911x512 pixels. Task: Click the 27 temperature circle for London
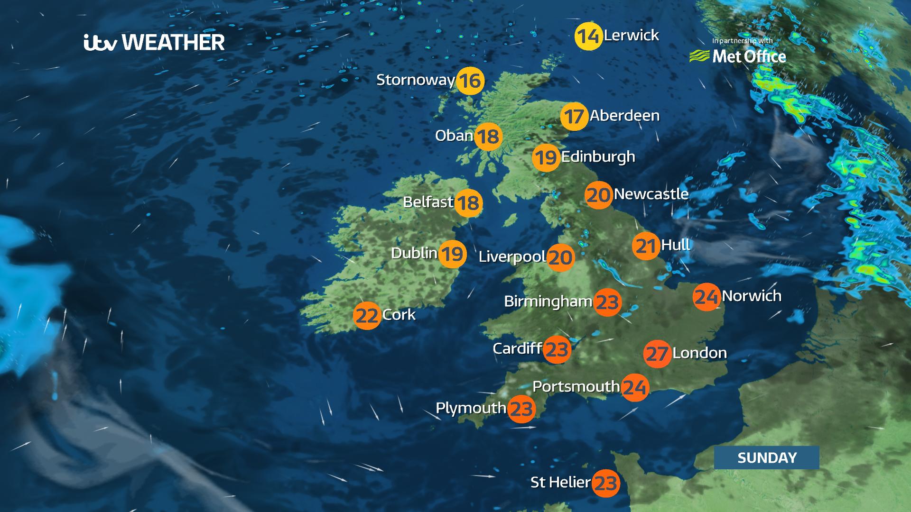pyautogui.click(x=657, y=354)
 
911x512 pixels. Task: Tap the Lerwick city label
pyautogui.click(x=631, y=35)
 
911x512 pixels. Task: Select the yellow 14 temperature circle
pyautogui.click(x=588, y=36)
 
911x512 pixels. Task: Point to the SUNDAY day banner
pyautogui.click(x=766, y=457)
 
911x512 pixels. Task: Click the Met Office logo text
pyautogui.click(x=748, y=56)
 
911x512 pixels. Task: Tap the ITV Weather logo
pyautogui.click(x=154, y=42)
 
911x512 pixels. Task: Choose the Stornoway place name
pyautogui.click(x=415, y=80)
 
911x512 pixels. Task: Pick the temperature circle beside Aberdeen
pyautogui.click(x=574, y=116)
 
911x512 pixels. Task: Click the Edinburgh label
pyautogui.click(x=598, y=156)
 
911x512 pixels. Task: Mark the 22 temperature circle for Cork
pyautogui.click(x=367, y=315)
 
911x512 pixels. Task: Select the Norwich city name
pyautogui.click(x=752, y=296)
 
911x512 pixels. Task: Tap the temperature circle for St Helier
pyautogui.click(x=606, y=483)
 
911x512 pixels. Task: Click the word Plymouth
pyautogui.click(x=471, y=408)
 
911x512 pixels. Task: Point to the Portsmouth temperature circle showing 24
pyautogui.click(x=635, y=387)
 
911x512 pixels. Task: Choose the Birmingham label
pyautogui.click(x=548, y=301)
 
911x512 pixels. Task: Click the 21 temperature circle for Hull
pyautogui.click(x=646, y=246)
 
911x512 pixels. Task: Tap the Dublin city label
pyautogui.click(x=414, y=253)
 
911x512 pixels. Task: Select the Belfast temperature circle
pyautogui.click(x=469, y=203)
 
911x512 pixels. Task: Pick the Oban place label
pyautogui.click(x=454, y=136)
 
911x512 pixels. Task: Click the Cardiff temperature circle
pyautogui.click(x=557, y=349)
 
